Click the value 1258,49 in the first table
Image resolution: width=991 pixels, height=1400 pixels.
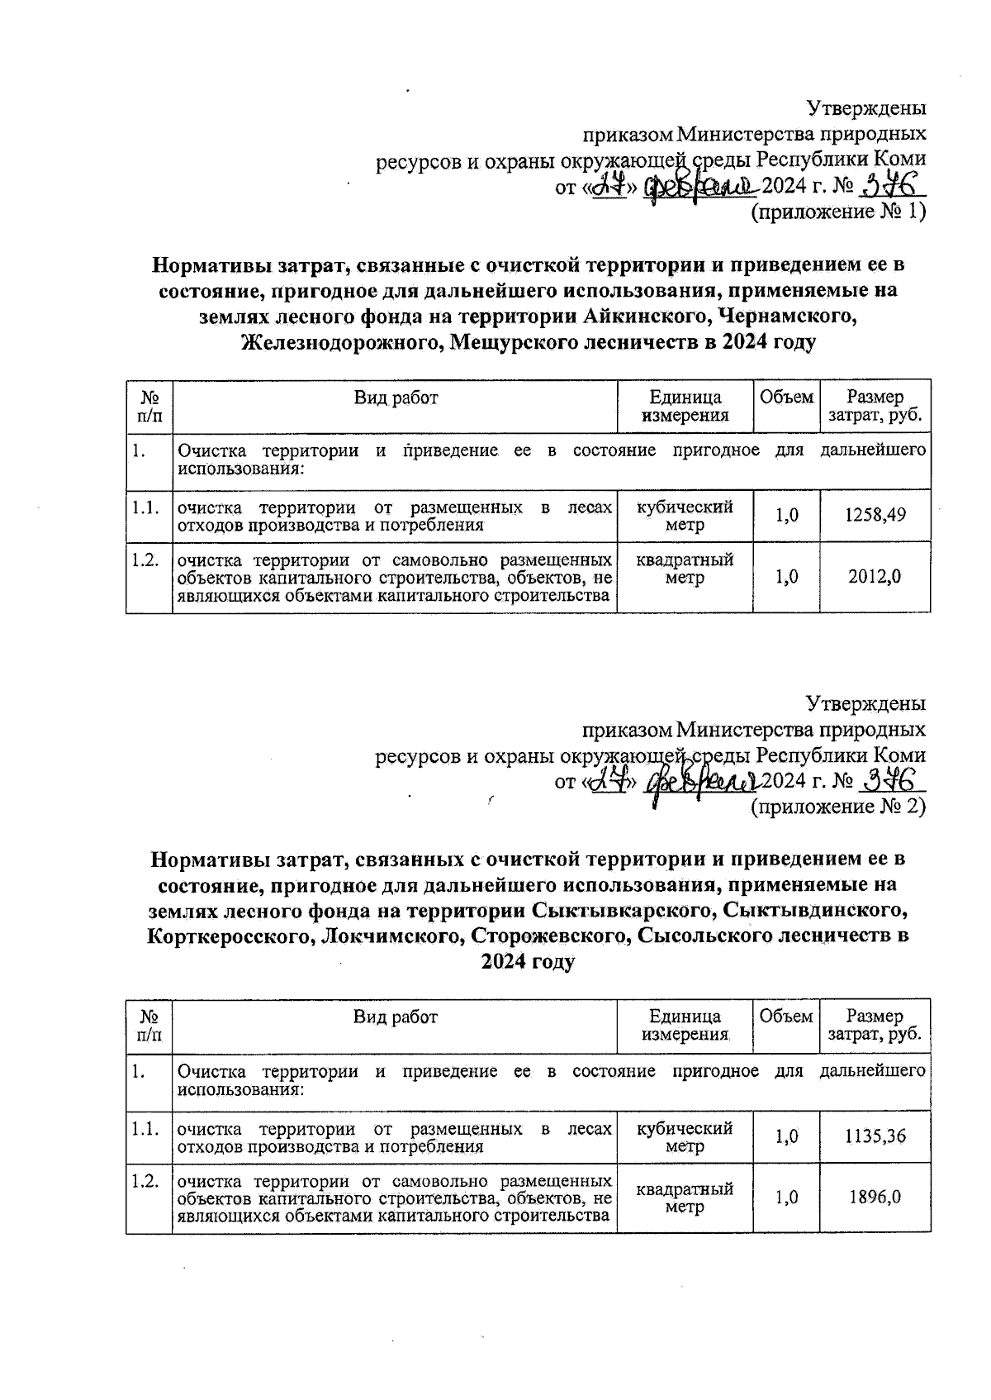coord(875,515)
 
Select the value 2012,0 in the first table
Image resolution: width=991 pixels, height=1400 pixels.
coord(875,577)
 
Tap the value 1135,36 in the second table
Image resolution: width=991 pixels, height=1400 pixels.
coord(875,1136)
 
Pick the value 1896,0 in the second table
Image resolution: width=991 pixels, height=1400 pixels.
coord(875,1197)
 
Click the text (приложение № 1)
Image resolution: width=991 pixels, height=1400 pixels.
coord(837,212)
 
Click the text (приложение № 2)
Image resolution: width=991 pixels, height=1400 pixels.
coord(837,806)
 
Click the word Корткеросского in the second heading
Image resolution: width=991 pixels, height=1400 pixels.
coord(230,936)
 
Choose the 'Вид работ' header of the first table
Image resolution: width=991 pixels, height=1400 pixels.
coord(396,398)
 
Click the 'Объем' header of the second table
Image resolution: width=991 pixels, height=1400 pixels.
coord(785,1017)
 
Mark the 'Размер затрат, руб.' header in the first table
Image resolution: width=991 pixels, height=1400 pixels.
coord(875,406)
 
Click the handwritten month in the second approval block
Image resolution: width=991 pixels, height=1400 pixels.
coord(700,779)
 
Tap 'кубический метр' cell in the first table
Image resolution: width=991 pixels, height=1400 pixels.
coord(685,515)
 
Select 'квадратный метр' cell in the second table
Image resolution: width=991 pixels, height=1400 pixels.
coord(685,1197)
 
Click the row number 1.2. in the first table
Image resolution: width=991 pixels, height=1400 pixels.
coord(145,560)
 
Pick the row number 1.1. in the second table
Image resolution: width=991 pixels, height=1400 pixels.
coord(145,1129)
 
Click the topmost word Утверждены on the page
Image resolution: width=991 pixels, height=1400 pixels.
coord(865,108)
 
